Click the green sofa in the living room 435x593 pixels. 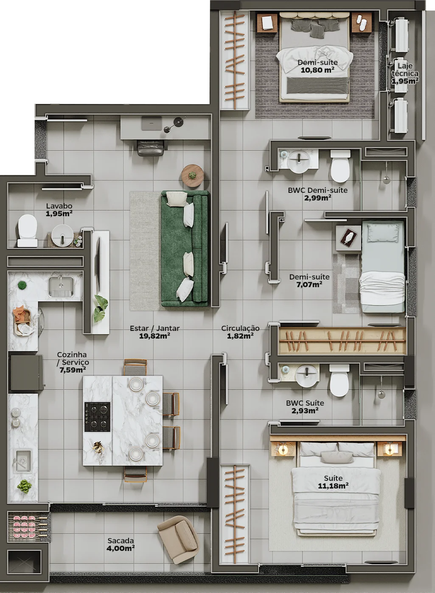pos(185,248)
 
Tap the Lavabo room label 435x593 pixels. pos(59,206)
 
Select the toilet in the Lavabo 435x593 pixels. pos(27,230)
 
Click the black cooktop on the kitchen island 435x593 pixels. pos(97,417)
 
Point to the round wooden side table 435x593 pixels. pos(192,176)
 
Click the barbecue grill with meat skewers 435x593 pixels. pos(28,527)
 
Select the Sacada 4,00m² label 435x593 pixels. pos(121,545)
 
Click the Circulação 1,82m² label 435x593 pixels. pos(240,332)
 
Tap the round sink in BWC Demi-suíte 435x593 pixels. pos(299,162)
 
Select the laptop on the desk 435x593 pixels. pos(151,123)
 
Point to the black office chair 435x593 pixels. pos(150,148)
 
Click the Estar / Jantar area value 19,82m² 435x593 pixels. pos(154,336)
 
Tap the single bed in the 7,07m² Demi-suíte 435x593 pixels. pos(383,267)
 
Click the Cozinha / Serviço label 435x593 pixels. pos(72,362)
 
